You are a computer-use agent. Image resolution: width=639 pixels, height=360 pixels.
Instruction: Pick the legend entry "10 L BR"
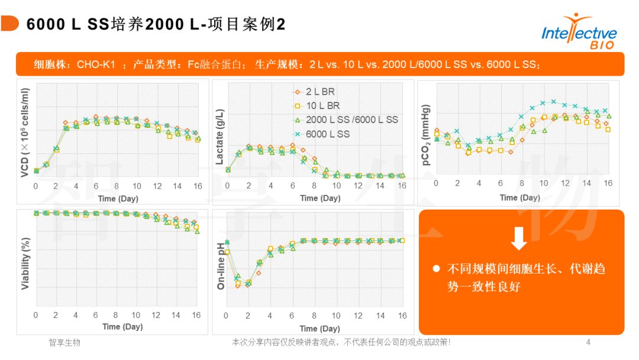[x=323, y=106]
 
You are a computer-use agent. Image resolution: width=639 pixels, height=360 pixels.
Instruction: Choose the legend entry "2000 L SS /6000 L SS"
[x=352, y=120]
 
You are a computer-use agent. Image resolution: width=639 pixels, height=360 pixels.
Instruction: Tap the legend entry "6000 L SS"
[x=328, y=134]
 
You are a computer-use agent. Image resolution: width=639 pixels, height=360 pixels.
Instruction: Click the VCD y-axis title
[x=25, y=133]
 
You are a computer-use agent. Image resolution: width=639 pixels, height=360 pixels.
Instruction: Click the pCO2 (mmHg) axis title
[x=425, y=136]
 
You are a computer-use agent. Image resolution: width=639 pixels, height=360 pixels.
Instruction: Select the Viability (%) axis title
[x=25, y=263]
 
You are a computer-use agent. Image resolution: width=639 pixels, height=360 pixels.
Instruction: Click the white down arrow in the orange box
[x=518, y=238]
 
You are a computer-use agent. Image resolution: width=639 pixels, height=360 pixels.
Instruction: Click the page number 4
[x=588, y=342]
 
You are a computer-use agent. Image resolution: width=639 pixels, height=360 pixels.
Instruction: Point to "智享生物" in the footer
[x=64, y=342]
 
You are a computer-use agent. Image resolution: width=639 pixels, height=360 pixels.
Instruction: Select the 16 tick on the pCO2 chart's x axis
[x=608, y=184]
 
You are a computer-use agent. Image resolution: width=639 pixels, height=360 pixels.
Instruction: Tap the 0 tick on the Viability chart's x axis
[x=35, y=315]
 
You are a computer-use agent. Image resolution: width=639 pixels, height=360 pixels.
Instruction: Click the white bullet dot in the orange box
[x=436, y=269]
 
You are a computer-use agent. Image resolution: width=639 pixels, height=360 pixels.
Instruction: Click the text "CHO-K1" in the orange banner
[x=96, y=64]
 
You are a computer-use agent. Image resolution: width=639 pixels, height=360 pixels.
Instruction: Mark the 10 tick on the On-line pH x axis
[x=336, y=316]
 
